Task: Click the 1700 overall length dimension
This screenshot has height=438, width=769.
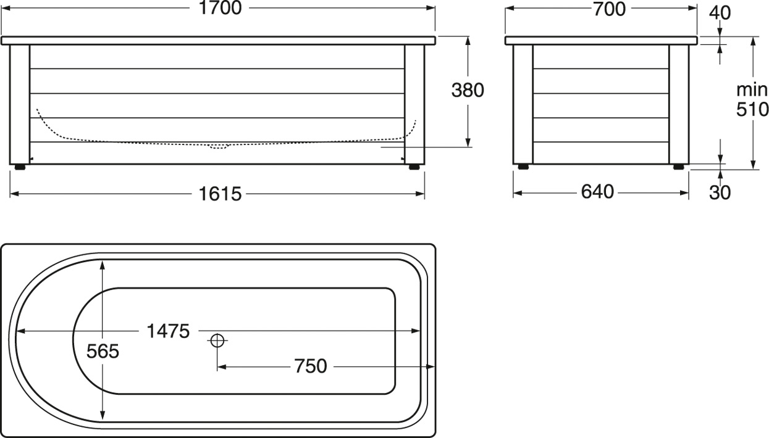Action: point(219,8)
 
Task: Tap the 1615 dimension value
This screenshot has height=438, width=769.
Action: point(219,194)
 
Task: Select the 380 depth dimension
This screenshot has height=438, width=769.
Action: point(468,91)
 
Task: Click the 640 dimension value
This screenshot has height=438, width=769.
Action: point(597,192)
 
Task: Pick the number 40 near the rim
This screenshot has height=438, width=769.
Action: point(720,12)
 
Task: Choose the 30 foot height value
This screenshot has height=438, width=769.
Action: point(720,192)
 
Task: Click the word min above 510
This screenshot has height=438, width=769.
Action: point(752,89)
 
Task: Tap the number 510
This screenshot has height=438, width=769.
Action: point(752,110)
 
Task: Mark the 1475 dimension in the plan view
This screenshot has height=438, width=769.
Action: point(168,331)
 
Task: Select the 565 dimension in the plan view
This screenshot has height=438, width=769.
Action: point(103,352)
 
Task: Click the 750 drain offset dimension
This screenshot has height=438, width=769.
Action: point(310,366)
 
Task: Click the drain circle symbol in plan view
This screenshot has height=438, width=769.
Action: point(217,340)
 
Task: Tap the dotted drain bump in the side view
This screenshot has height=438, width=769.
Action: point(218,147)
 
